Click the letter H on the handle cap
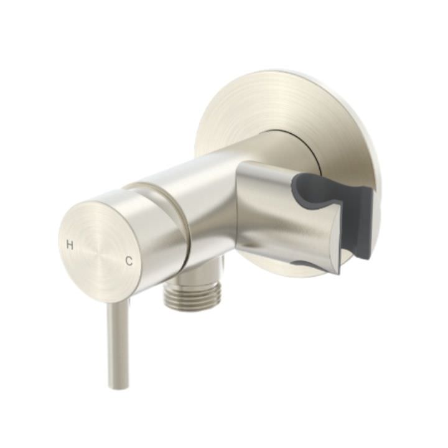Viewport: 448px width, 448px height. (x=70, y=245)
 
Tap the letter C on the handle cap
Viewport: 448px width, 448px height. (x=129, y=261)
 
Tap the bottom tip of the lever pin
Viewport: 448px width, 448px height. (x=118, y=385)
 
